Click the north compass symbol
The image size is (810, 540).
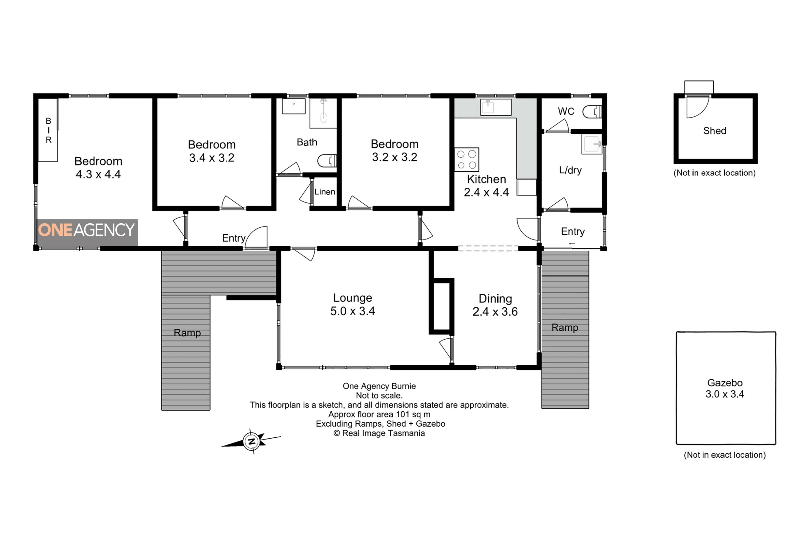point(252,441)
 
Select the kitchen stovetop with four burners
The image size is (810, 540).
point(467,160)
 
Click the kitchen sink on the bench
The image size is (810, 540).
point(495,107)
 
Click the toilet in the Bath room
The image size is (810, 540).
point(327,160)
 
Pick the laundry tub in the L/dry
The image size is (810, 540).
point(592,144)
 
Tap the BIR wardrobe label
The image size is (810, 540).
point(49,130)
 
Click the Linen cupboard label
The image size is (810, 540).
point(325,192)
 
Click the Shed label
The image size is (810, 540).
point(715,131)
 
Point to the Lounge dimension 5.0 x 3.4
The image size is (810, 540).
point(353,311)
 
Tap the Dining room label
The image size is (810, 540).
point(495,299)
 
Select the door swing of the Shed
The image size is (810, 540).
point(698,106)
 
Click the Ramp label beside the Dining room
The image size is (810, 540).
point(565,328)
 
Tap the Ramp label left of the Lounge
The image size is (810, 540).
point(187,333)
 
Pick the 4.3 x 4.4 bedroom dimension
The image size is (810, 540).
point(98,174)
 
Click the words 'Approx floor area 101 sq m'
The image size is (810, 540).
point(379,414)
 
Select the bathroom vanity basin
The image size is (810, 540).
point(294,106)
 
